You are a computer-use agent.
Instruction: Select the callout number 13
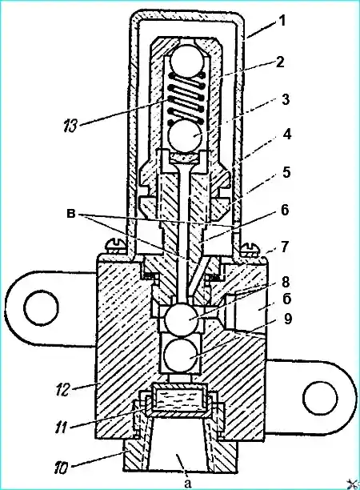[x=71, y=127]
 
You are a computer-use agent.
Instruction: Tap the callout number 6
[x=285, y=211]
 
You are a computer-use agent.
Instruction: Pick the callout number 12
[x=70, y=390]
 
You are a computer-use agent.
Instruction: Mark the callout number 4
[x=286, y=135]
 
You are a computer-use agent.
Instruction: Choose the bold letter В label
[x=71, y=215]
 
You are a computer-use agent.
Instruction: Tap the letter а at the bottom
[x=187, y=484]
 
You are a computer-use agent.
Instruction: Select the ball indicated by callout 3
[x=186, y=135]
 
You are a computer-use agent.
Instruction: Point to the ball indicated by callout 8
[x=181, y=318]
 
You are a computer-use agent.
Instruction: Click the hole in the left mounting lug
[x=42, y=307]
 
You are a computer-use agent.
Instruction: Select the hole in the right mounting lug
[x=321, y=399]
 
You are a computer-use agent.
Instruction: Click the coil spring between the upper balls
[x=186, y=98]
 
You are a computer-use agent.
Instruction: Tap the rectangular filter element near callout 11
[x=179, y=399]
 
